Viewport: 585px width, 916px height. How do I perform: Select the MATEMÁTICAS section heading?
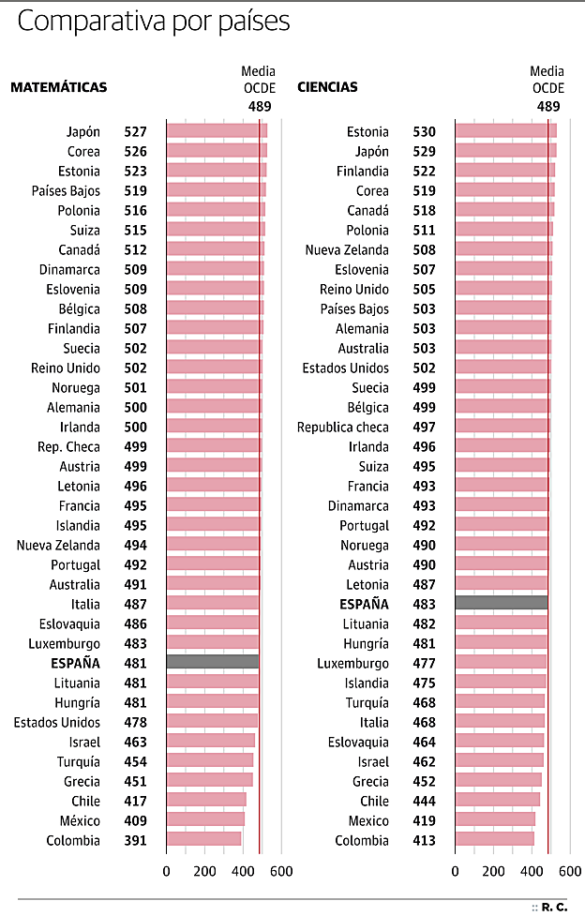pos(58,87)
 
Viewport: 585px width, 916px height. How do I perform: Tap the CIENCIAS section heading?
pos(327,87)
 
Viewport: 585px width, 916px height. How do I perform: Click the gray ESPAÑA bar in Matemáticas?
pos(213,662)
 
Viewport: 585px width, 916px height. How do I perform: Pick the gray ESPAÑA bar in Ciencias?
pos(501,603)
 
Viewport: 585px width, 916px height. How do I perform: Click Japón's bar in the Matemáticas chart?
pos(217,131)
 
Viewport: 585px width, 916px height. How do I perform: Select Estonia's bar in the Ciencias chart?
pos(505,131)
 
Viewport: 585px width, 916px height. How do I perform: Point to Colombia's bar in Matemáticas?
pos(203,839)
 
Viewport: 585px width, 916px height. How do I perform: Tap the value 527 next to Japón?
pos(135,131)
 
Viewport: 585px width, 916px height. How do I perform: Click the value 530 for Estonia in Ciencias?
pos(424,131)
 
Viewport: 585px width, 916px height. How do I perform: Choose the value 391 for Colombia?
pos(135,840)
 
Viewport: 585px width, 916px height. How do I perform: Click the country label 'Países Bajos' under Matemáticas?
pos(66,190)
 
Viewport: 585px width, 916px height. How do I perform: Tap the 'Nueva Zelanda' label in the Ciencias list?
pos(346,249)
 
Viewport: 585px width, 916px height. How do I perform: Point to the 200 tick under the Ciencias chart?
pos(493,871)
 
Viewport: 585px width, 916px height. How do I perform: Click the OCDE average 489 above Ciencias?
pos(548,106)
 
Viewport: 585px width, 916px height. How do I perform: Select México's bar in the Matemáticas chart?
pos(205,819)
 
